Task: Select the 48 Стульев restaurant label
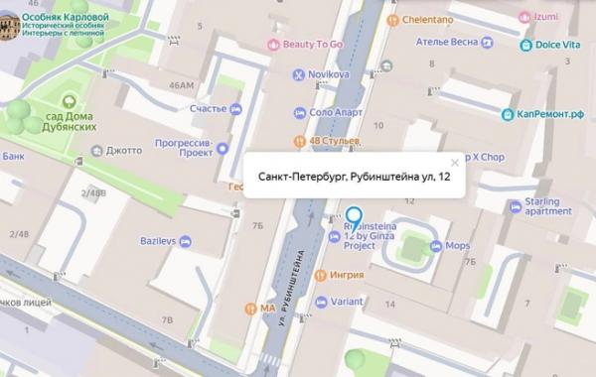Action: (x=333, y=141)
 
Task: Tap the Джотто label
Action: (x=124, y=151)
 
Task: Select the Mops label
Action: (x=457, y=244)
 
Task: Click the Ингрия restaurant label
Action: (x=347, y=275)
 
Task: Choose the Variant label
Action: (x=347, y=302)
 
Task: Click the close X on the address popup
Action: (x=455, y=162)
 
